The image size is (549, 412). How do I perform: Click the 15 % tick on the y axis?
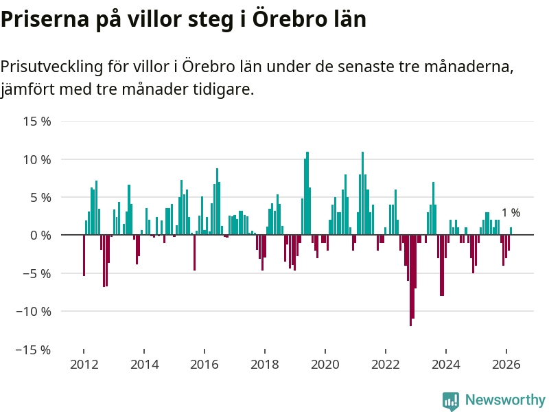click(38, 122)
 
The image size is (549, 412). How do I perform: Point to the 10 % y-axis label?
click(38, 159)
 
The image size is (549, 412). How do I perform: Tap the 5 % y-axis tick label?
click(40, 197)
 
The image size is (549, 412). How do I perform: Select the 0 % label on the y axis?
click(40, 235)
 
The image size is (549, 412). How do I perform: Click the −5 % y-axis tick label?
click(38, 273)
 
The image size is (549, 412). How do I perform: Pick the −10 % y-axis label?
click(34, 311)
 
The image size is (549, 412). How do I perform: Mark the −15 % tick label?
click(34, 349)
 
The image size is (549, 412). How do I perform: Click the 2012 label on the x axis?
click(84, 364)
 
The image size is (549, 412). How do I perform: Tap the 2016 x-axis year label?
click(205, 364)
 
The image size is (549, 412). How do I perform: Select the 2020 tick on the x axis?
click(325, 364)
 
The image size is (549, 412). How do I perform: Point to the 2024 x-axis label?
click(446, 364)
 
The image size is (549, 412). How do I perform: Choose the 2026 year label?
click(506, 364)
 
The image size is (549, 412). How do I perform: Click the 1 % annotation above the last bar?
click(511, 213)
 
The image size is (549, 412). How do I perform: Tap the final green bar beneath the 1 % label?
click(511, 231)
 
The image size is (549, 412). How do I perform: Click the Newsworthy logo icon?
click(451, 400)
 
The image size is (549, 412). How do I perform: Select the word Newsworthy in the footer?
click(505, 400)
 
